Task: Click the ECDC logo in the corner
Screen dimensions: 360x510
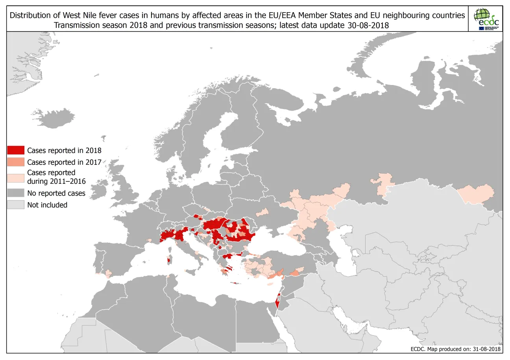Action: point(486,19)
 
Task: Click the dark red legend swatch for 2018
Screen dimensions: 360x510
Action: point(16,150)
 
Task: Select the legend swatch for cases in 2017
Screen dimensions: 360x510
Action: point(16,162)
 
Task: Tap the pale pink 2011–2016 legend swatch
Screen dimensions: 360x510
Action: point(16,177)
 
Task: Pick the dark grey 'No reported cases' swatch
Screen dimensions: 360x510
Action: point(16,193)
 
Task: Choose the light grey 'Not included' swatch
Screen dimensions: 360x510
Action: point(16,205)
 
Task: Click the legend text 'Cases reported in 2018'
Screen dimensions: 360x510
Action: point(64,150)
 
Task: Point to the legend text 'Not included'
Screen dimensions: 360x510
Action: point(47,205)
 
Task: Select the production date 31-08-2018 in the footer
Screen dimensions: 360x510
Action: point(484,349)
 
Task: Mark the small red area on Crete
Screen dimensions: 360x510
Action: point(235,283)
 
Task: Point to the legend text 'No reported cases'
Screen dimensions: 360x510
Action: point(56,193)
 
